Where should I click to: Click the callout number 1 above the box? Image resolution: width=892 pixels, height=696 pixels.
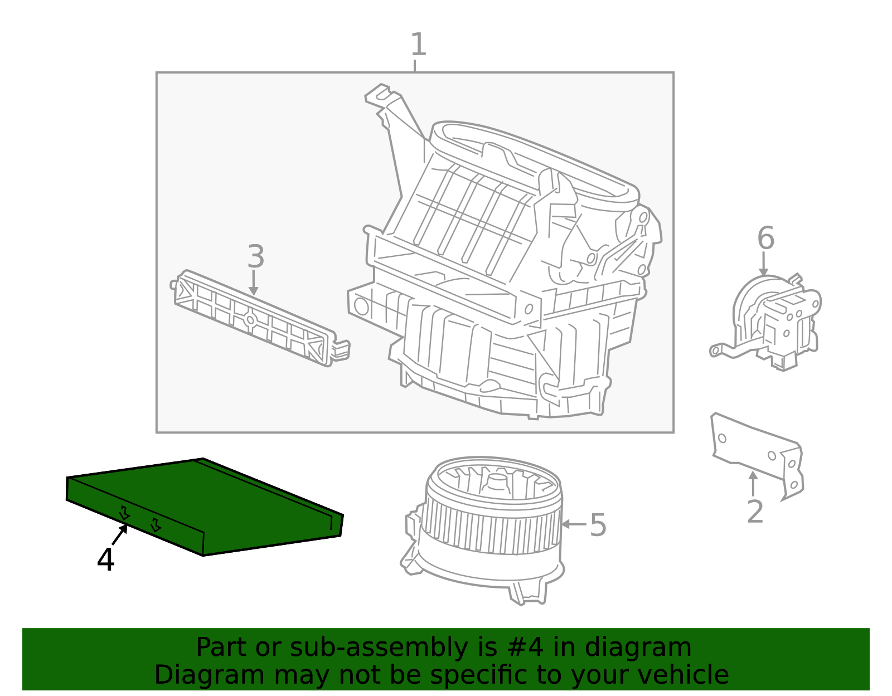(418, 45)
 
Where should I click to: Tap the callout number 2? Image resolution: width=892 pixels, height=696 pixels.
(755, 512)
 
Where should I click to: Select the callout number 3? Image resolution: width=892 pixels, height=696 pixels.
(256, 257)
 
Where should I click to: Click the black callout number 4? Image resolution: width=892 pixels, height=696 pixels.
(105, 559)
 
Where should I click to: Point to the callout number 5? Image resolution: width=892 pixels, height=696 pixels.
(598, 525)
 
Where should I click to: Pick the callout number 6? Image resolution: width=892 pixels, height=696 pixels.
(765, 239)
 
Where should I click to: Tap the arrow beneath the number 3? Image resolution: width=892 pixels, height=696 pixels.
(254, 283)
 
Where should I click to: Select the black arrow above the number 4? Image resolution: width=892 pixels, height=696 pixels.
(120, 536)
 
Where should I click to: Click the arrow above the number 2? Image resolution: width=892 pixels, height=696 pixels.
(753, 483)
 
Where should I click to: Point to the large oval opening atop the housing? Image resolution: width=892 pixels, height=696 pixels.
(535, 162)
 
